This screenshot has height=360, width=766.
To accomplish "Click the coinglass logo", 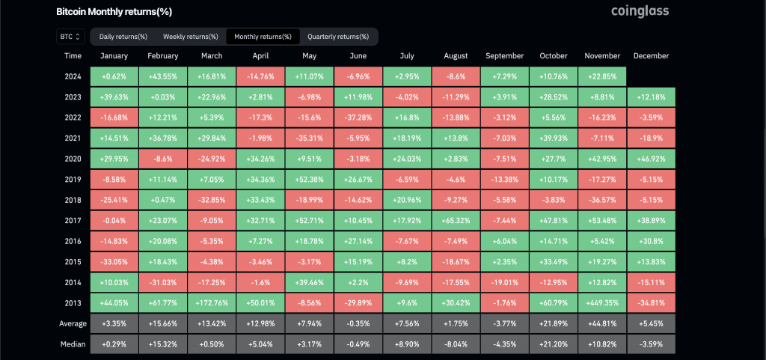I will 640,11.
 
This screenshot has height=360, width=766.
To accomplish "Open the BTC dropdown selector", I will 69,36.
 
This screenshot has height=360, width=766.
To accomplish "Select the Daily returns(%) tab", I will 123,36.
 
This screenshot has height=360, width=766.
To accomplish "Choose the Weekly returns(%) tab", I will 191,36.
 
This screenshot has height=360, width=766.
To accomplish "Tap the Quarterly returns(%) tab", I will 338,36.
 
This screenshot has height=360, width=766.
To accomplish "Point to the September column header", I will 504,56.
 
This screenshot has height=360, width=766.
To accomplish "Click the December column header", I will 651,56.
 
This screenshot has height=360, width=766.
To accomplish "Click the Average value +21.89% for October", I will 553,323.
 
